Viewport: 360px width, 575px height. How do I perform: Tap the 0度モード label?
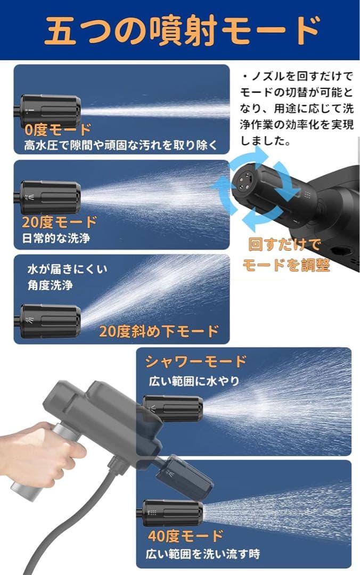coord(58,129)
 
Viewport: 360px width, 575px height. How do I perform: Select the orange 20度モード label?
coord(60,222)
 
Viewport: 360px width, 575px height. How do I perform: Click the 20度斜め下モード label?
coord(159,331)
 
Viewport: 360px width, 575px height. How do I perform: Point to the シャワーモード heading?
coord(196,362)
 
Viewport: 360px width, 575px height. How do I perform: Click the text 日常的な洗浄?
coord(56,238)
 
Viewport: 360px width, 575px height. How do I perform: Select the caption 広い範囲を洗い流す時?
coord(204,554)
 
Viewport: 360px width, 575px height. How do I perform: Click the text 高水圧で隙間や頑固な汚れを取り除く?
coord(120,145)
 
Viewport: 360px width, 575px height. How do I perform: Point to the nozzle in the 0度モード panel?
coord(51,110)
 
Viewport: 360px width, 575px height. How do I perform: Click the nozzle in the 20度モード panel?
coord(51,198)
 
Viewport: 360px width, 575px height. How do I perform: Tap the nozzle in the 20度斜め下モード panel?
coord(51,321)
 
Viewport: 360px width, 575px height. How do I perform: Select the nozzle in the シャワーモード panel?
coord(173,409)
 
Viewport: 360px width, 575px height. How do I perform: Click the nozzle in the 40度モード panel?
coord(173,513)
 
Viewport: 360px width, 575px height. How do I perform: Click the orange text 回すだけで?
coord(285,244)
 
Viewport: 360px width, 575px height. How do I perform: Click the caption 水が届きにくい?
coord(67,269)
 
